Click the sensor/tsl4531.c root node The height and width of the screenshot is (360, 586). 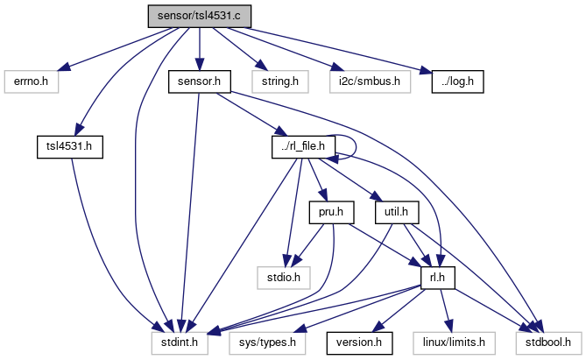[200, 16]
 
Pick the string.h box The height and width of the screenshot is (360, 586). [274, 82]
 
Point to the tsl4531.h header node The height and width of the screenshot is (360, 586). [69, 146]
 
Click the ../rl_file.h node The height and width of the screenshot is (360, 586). [302, 146]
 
